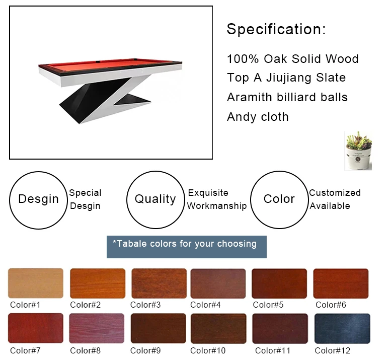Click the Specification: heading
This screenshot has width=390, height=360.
[276, 29]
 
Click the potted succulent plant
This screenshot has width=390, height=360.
[358, 151]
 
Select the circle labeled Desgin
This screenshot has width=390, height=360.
[39, 199]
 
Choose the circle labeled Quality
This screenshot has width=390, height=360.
[155, 199]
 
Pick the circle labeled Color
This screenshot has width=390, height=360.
[279, 199]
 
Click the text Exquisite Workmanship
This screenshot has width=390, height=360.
[217, 199]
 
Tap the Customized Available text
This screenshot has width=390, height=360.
[335, 199]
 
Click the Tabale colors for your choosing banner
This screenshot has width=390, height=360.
[186, 246]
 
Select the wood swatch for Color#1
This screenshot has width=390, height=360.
[36, 283]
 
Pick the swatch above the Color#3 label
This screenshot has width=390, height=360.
[159, 283]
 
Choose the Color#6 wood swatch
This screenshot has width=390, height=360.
[341, 283]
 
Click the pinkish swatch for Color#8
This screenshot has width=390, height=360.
[96, 328]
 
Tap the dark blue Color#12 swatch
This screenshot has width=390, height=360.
[342, 328]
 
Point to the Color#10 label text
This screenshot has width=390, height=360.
[208, 350]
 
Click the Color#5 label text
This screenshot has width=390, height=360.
[268, 305]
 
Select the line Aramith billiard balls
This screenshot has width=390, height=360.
[287, 97]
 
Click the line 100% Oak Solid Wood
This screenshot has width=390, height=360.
[292, 59]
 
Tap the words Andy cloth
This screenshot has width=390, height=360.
[258, 117]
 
